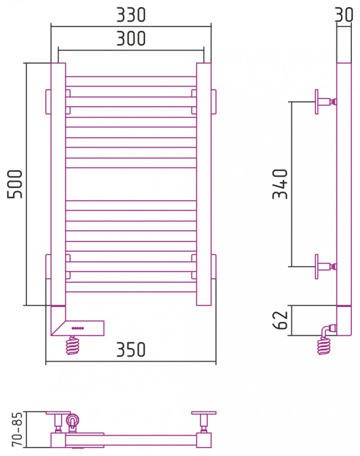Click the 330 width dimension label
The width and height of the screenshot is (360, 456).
pos(131,15)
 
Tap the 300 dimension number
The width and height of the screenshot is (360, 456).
pos(131,38)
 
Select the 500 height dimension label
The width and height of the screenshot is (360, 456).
pos(15,184)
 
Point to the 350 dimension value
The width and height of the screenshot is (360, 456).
pos(131,349)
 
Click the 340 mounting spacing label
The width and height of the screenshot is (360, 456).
pos(280,184)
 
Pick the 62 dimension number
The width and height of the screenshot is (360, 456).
pos(280,320)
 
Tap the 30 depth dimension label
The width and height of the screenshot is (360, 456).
pos(344,15)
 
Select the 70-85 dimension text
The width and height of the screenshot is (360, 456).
pos(17,429)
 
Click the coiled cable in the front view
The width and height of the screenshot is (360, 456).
pos(72,345)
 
